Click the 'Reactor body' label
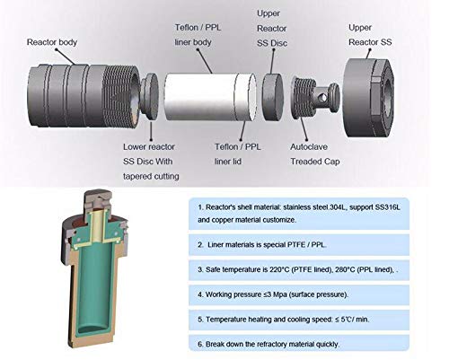click(x=53, y=42)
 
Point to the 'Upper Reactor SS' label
click(x=371, y=35)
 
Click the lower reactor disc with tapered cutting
click(x=151, y=94)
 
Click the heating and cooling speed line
click(x=301, y=319)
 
